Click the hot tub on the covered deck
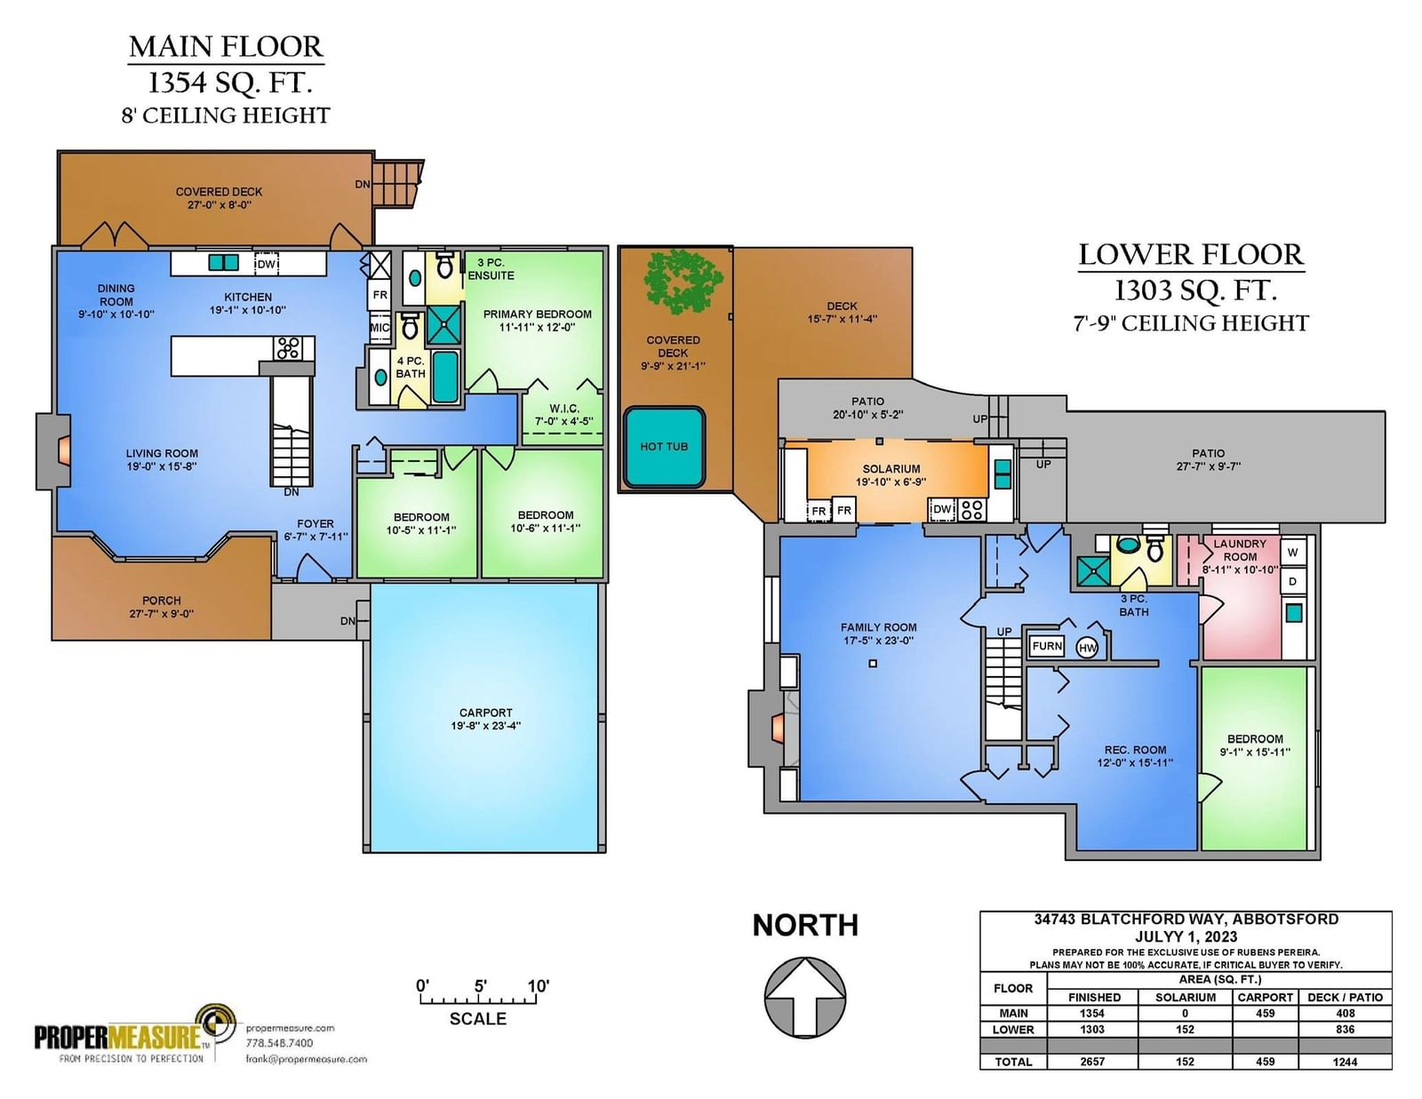coord(664,448)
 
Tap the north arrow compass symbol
coord(805,998)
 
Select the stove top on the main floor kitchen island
coord(288,348)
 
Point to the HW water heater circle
coord(1087,648)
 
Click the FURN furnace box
coord(1046,646)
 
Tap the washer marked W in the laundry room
coord(1292,552)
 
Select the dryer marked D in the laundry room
coord(1292,581)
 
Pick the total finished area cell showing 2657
coord(1092,1061)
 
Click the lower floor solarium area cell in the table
coord(1185,1029)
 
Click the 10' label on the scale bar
coord(538,985)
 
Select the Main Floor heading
coord(226,47)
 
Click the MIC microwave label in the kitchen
coord(380,328)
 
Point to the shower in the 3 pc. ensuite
coord(444,326)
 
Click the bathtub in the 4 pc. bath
coord(445,377)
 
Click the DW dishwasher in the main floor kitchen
coord(267,264)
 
